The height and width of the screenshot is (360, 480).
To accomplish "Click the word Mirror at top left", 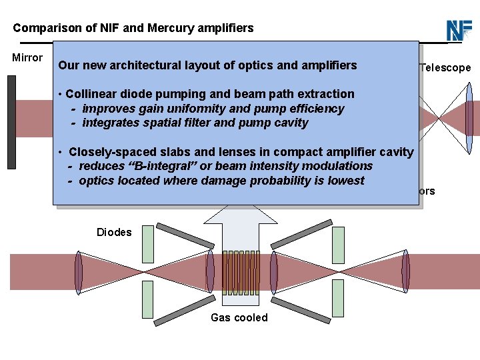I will pos(27,58).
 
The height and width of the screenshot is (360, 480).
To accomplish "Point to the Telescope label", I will pos(445,67).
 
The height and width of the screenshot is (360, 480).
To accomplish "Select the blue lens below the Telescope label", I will pos(469,119).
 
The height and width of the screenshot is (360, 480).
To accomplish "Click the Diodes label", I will pos(114,233).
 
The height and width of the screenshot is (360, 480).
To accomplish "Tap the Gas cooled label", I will pos(239,317).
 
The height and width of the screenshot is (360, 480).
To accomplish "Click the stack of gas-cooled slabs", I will pos(240,271).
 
